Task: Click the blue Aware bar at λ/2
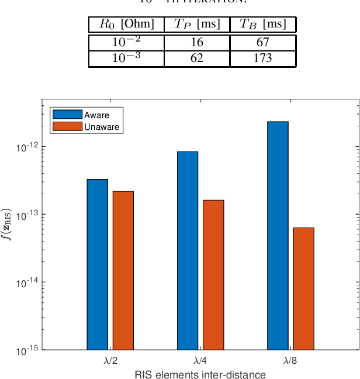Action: pos(97,264)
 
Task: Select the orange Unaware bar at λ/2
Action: pos(123,270)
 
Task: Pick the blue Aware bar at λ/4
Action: pos(188,250)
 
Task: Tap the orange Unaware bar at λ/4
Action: pos(213,275)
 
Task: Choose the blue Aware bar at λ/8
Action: pos(278,236)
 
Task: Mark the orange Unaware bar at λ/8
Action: pos(303,288)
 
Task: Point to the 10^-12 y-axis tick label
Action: pos(26,147)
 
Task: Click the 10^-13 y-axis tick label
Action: pos(26,215)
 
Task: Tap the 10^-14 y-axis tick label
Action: pos(26,282)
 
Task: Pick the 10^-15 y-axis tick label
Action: pos(26,350)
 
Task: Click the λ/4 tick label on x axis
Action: pos(200,361)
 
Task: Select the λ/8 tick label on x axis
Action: pos(290,361)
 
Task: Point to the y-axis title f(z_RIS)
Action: pos(7,225)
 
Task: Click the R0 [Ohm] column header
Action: pos(126,25)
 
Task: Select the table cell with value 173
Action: pos(263,58)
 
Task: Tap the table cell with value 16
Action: pos(197,43)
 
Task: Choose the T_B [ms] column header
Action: pos(263,25)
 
